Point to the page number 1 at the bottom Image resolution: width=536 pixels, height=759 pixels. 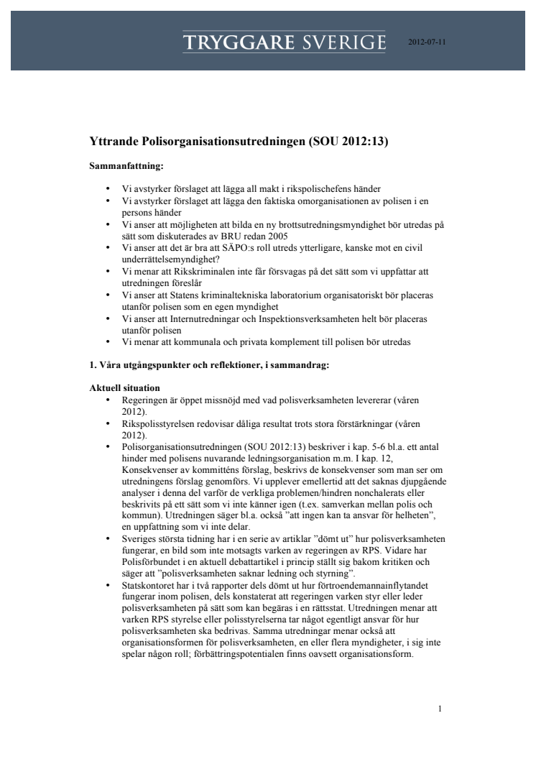[440, 688]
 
